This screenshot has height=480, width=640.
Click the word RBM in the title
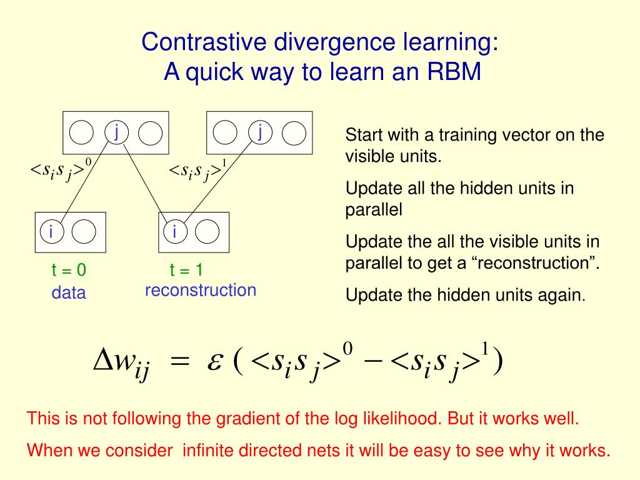454,72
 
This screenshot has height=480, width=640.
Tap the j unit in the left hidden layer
116,132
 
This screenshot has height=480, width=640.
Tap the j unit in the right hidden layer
260,132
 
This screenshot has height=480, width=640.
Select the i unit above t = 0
51,232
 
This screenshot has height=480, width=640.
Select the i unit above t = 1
175,232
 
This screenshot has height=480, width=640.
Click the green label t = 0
69,270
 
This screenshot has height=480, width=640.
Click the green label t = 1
186,270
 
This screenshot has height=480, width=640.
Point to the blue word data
69,292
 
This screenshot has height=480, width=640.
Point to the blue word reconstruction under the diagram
201,291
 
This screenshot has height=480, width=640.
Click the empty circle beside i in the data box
84,232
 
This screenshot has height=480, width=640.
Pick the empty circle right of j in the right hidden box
293,132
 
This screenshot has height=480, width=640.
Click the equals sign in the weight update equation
179,364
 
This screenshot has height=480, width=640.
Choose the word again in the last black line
566,294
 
